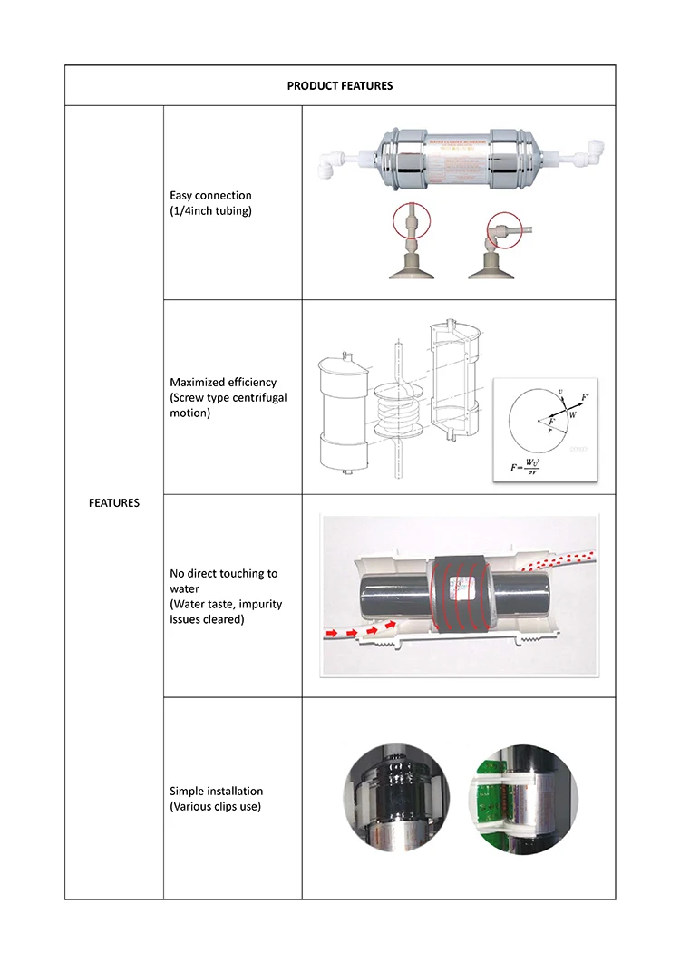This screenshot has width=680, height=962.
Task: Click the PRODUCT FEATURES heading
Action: (340, 86)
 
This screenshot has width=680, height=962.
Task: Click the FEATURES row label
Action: (114, 503)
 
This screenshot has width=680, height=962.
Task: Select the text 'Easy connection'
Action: (210, 196)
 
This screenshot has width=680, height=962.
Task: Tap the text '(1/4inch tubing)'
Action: (210, 210)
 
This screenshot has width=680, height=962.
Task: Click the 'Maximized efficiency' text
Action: (223, 383)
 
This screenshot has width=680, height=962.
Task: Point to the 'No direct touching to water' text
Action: (224, 581)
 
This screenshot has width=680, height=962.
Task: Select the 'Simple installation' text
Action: (216, 792)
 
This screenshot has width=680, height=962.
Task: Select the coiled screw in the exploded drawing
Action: (399, 413)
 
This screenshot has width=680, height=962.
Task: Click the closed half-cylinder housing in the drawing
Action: (340, 413)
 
